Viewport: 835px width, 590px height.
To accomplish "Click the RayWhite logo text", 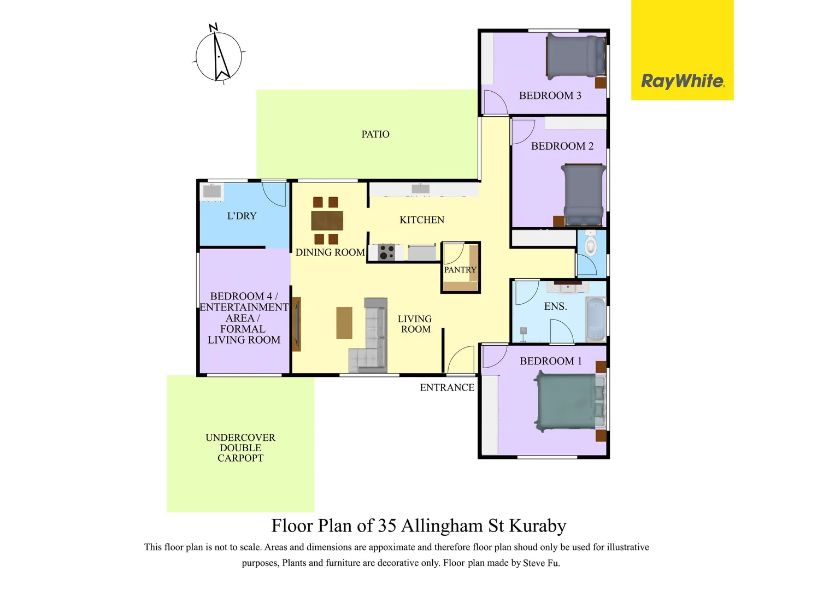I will click(683, 81).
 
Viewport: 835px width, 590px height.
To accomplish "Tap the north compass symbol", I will click(219, 56).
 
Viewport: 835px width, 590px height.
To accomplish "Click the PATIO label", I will click(375, 134).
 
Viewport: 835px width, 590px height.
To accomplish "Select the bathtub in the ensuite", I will click(595, 319).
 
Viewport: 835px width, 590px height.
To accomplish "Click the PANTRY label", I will click(460, 270).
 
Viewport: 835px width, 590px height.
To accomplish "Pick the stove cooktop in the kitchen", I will click(387, 252).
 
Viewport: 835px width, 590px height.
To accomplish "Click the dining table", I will click(327, 221).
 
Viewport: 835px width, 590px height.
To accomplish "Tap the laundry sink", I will click(212, 191).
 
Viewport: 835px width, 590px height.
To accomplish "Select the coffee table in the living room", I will click(344, 323).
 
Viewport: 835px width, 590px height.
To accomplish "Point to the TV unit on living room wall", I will click(296, 324).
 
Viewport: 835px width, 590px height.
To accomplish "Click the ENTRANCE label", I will click(447, 388).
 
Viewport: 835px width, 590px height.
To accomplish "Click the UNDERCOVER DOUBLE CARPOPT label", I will click(240, 448).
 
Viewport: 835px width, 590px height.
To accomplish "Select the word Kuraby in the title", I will click(538, 526).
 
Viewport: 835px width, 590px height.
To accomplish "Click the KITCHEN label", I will click(422, 220).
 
